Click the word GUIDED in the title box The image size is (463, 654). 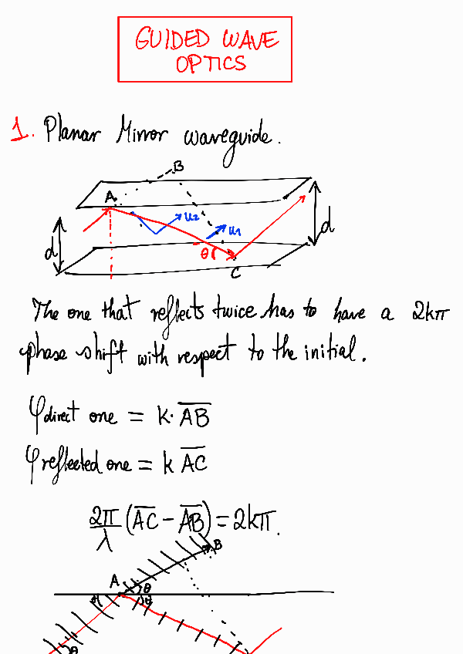click(x=171, y=39)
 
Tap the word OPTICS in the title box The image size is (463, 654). click(x=211, y=63)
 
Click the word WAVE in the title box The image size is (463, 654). click(x=249, y=39)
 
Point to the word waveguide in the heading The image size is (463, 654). click(x=227, y=138)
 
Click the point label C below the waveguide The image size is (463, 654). click(x=235, y=272)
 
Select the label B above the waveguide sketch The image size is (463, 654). click(x=177, y=166)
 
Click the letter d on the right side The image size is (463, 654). click(x=327, y=223)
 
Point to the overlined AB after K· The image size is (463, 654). click(x=193, y=417)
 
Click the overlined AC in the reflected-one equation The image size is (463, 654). click(x=194, y=464)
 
